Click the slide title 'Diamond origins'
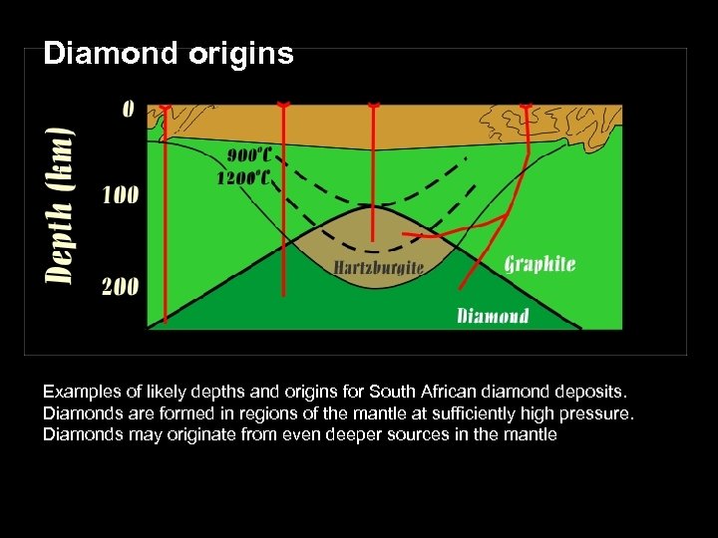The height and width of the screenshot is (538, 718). pyautogui.click(x=169, y=53)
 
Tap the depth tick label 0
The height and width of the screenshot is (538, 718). pyautogui.click(x=128, y=108)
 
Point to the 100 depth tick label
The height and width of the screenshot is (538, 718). pyautogui.click(x=120, y=194)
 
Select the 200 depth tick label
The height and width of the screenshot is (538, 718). pyautogui.click(x=120, y=287)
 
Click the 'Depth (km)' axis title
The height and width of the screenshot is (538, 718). pyautogui.click(x=62, y=204)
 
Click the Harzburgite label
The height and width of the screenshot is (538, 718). pyautogui.click(x=378, y=267)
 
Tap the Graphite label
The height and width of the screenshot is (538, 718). pyautogui.click(x=539, y=264)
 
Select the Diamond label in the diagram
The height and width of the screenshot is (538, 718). pyautogui.click(x=493, y=316)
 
